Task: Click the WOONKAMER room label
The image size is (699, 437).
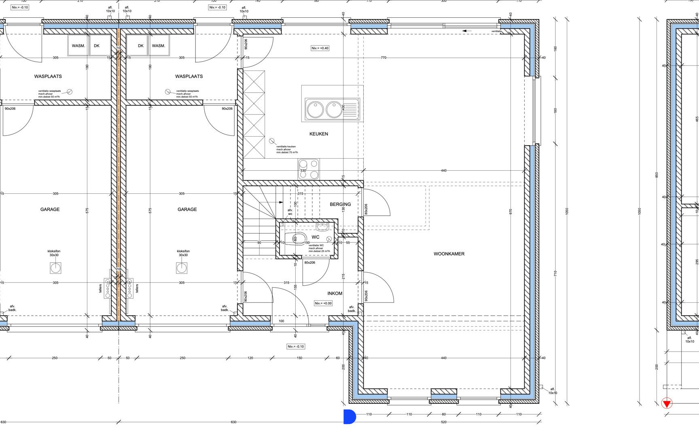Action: tap(449, 254)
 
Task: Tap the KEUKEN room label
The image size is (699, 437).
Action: tap(319, 134)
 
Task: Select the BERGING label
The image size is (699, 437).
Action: tap(340, 204)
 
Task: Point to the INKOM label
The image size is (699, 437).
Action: tap(335, 293)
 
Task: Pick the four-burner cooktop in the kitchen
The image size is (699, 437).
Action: tap(309, 169)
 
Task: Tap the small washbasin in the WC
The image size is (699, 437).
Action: tap(322, 226)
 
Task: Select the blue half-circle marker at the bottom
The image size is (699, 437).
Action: tap(349, 417)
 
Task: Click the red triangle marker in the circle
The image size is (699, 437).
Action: tap(667, 403)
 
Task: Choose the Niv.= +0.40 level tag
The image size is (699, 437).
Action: tap(320, 48)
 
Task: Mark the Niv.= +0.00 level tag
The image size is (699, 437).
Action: tap(323, 303)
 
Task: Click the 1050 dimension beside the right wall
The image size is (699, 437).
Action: tap(567, 211)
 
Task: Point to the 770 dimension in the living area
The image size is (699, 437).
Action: tap(383, 58)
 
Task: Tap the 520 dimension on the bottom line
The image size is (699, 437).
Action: tap(444, 422)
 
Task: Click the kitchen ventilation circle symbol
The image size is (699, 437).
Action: tap(272, 141)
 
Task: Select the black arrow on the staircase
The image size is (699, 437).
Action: tap(280, 202)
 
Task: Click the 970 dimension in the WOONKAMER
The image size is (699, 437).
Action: tap(511, 211)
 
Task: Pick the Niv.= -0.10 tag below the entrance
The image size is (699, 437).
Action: tap(296, 346)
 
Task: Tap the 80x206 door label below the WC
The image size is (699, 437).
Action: tap(310, 263)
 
